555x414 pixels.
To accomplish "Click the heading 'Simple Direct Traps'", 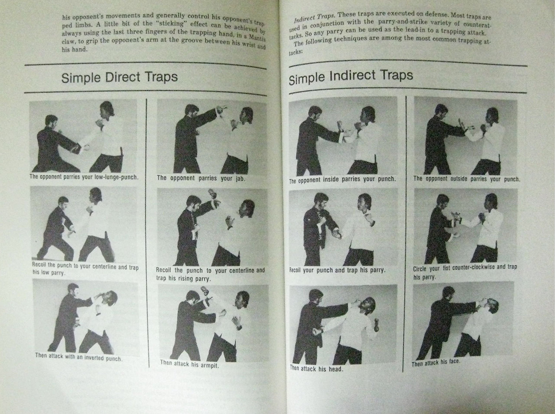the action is (120, 77).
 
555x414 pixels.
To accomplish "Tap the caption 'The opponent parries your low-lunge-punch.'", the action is (84, 177).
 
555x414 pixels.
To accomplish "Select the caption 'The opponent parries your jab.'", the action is (201, 178).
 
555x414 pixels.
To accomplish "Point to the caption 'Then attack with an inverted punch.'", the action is (79, 357).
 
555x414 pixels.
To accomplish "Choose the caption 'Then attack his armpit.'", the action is (189, 364).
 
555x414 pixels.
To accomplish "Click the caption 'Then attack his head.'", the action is (317, 368).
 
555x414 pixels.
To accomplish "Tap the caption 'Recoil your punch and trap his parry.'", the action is (337, 270).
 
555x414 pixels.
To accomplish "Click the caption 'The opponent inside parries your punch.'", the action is (343, 180).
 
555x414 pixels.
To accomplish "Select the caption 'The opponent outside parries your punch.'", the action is (467, 178).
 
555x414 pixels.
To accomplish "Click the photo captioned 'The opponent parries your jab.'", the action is (212, 136).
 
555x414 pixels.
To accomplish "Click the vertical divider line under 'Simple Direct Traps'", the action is (147, 233).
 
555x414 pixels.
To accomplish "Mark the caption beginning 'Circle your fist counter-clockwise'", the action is (465, 271).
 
